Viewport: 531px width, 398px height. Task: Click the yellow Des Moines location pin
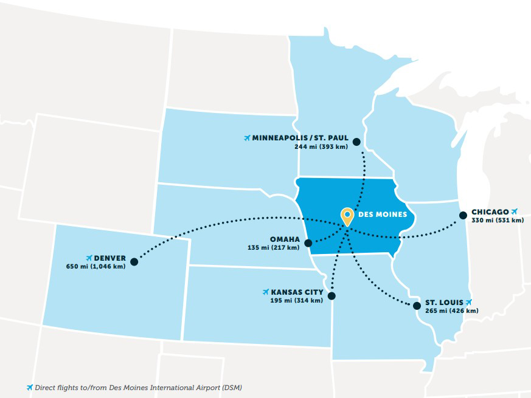[347, 216]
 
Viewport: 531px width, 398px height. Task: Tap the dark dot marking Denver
[134, 262]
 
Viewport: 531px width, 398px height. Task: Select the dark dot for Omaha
[308, 243]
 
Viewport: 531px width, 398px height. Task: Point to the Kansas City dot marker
[331, 296]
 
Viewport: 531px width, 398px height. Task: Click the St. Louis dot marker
[417, 306]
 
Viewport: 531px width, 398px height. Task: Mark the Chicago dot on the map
[463, 214]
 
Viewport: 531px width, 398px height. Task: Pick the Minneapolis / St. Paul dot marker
[356, 142]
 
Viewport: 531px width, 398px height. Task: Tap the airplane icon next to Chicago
[515, 211]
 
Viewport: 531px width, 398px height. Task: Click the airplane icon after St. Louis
[468, 302]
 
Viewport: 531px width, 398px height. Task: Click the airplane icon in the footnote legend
[29, 387]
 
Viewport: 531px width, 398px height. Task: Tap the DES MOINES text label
[378, 214]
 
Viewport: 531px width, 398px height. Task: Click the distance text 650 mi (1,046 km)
[95, 267]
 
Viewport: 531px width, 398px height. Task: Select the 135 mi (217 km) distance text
[274, 248]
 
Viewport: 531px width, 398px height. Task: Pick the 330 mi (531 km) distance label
[497, 220]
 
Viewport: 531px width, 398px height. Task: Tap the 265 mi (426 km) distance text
[451, 311]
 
